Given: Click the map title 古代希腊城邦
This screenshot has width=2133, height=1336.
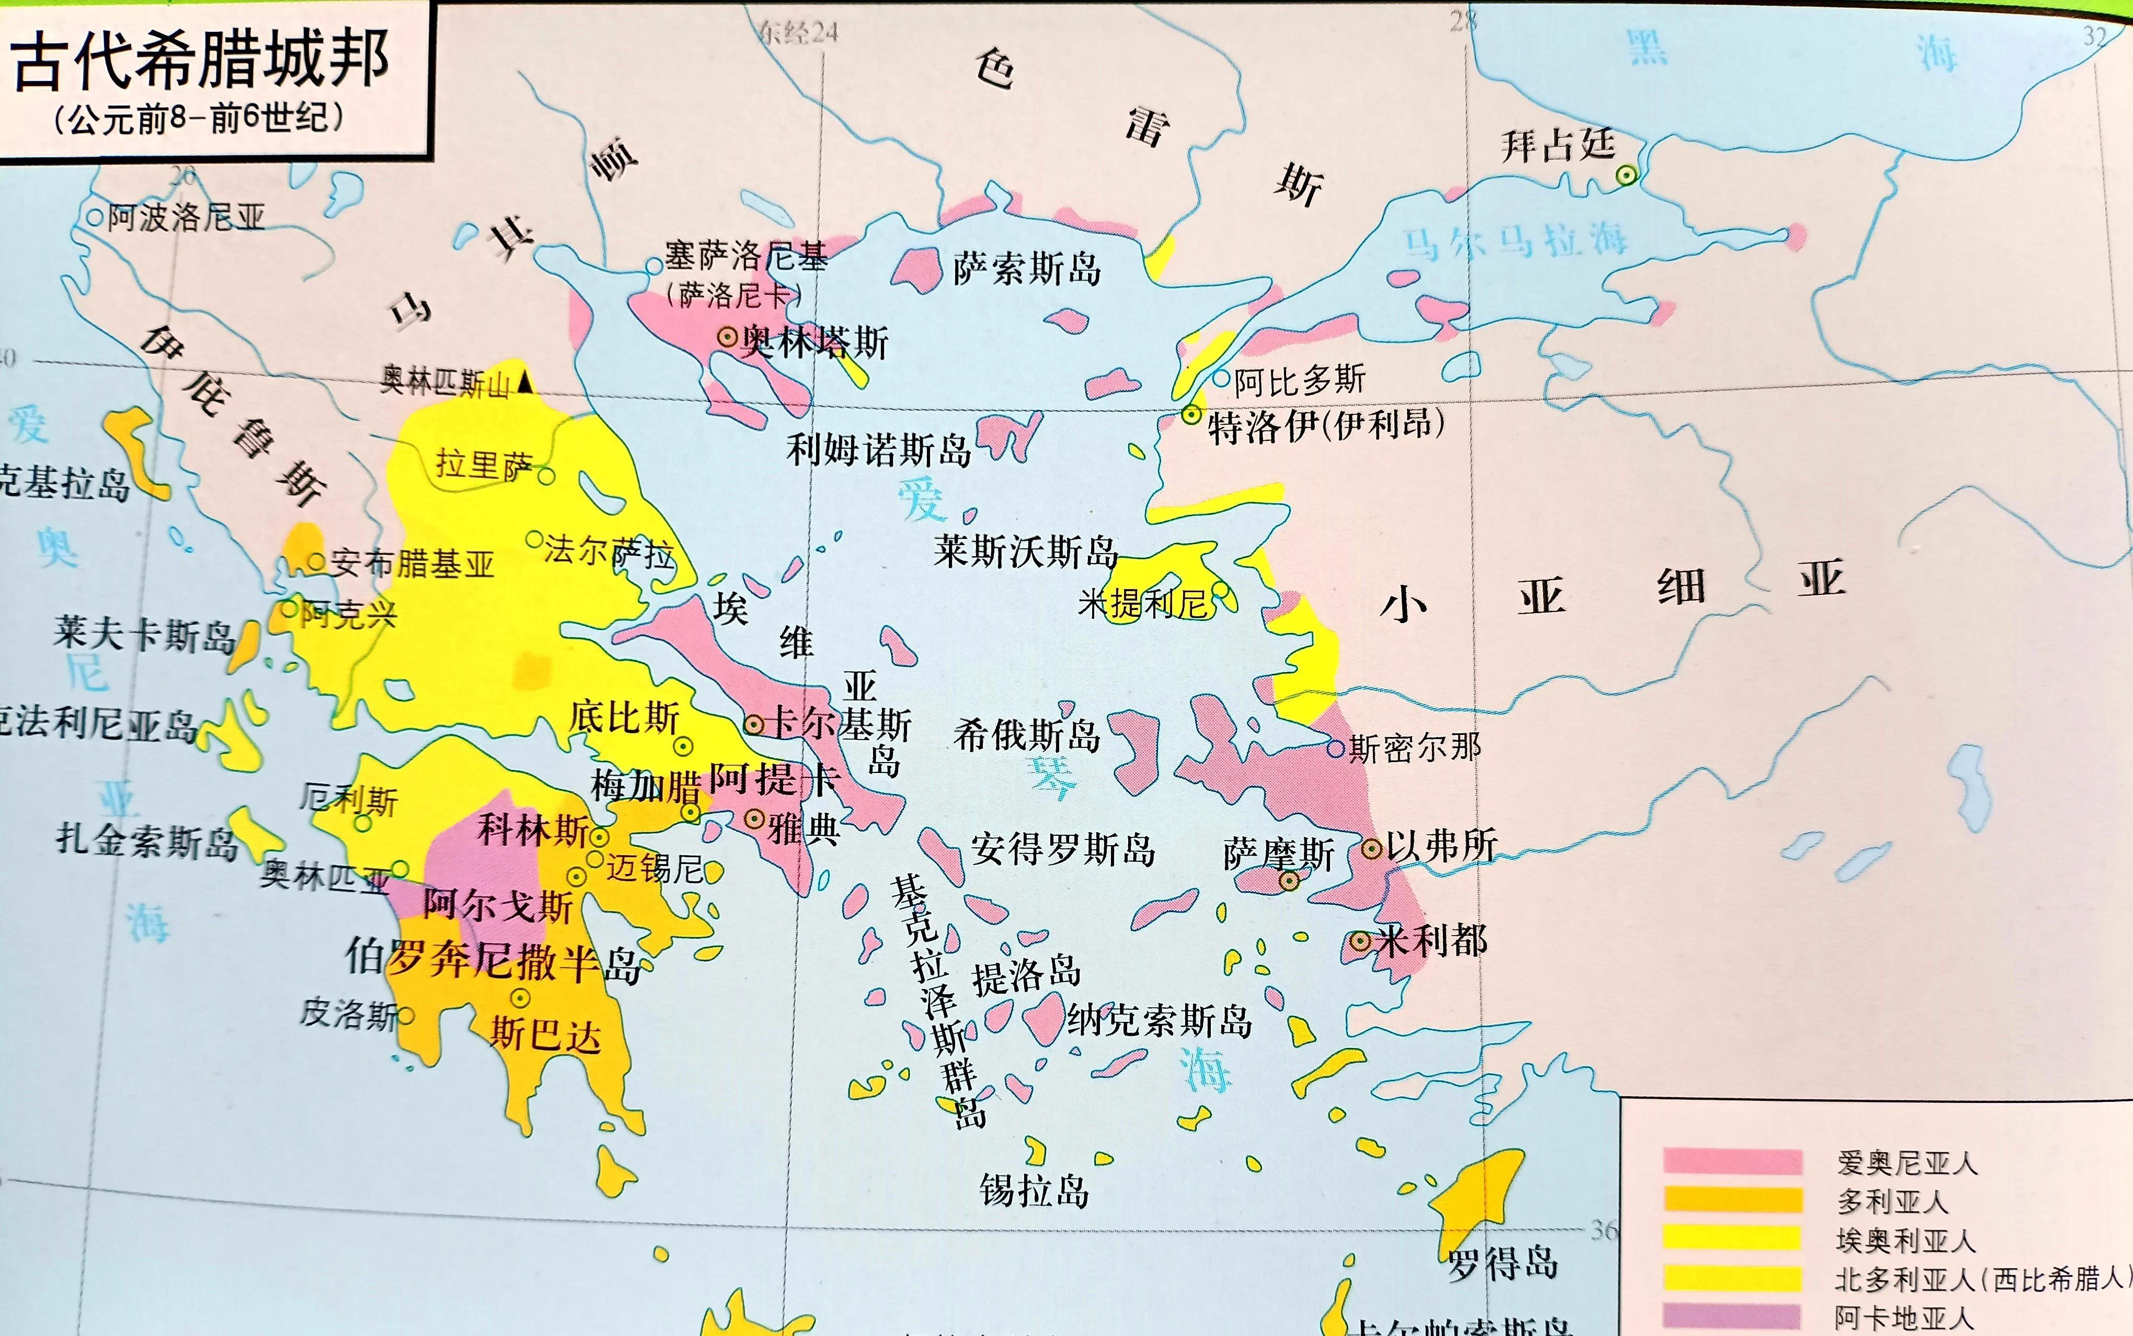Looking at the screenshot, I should (201, 60).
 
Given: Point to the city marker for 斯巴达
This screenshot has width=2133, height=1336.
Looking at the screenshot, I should (520, 998).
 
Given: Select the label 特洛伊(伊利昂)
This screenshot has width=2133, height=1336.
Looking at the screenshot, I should (1325, 427).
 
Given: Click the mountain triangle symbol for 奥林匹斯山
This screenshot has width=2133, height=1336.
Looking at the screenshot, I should (526, 384).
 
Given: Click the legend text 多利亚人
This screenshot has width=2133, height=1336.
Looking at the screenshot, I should (1892, 1201).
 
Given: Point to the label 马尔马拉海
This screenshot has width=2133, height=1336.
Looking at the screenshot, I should (1516, 240).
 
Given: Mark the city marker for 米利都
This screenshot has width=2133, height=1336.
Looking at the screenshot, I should (1360, 941).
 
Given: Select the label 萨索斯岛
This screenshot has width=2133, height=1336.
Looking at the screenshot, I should (1027, 268).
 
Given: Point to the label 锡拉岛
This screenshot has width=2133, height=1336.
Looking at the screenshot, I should (1034, 1190).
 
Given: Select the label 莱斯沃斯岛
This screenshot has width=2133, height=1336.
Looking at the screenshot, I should (1025, 552).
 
